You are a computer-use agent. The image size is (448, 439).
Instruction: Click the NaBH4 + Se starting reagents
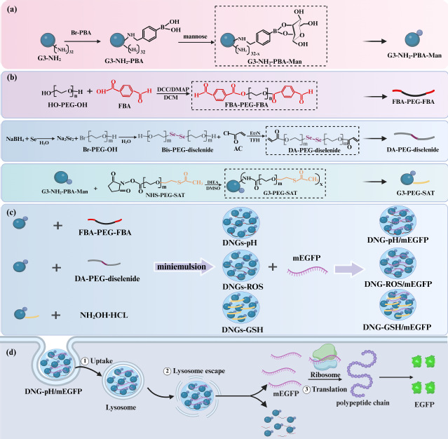22,132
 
